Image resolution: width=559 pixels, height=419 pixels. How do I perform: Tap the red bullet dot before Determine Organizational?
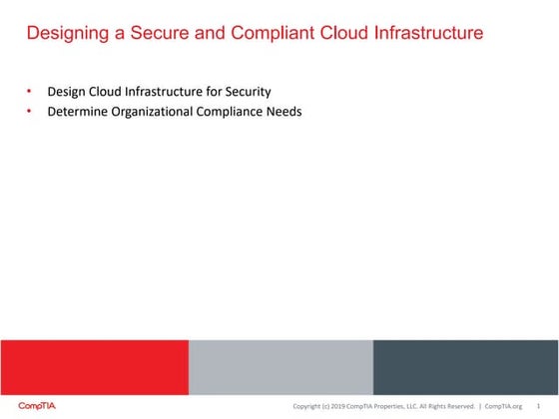30,112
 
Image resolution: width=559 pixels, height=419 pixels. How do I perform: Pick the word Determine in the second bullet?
78,112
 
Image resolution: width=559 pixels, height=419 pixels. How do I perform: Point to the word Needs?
284,112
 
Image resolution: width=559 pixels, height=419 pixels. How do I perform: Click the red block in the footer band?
94,366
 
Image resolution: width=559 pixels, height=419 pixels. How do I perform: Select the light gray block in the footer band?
280,366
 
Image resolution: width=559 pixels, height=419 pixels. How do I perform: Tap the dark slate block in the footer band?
465,366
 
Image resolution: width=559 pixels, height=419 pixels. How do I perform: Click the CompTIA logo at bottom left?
37,406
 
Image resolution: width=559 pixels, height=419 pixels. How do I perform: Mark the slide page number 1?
539,406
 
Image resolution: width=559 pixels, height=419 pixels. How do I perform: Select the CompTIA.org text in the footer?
503,406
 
